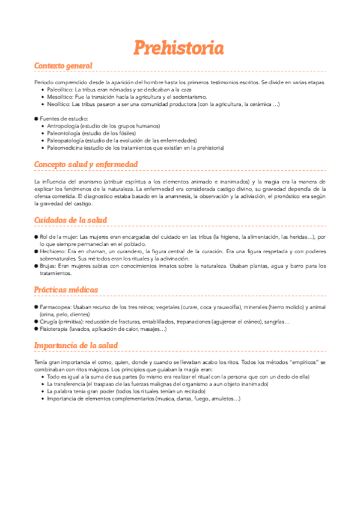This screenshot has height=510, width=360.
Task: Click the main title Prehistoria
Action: pos(178,48)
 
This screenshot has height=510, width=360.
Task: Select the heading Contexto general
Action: pos(63,66)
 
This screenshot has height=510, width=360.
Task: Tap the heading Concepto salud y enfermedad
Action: pos(86,164)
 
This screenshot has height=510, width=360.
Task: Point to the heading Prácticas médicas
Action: pos(66,290)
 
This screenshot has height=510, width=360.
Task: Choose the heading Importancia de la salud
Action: pos(76,345)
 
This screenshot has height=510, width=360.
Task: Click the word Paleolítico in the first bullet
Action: pos(58,89)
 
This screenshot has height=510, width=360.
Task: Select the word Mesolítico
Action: pos(58,96)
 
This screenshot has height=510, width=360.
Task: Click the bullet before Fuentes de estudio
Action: pos(36,118)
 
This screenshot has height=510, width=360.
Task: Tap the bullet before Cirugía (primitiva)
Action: pos(36,322)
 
